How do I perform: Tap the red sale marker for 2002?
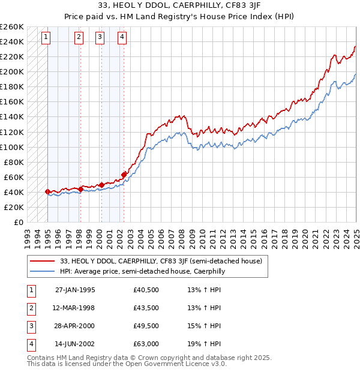pyautogui.click(x=124, y=175)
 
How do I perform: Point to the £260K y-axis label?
pyautogui.click(x=12, y=27)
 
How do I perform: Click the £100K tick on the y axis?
pyautogui.click(x=12, y=147)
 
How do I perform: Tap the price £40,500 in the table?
pyautogui.click(x=146, y=289)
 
